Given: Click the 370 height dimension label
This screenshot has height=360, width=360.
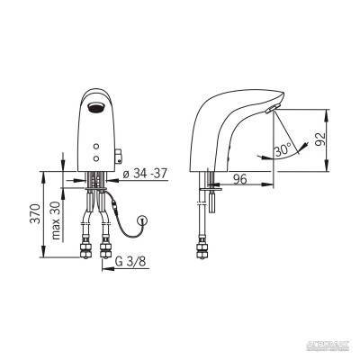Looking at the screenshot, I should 33,215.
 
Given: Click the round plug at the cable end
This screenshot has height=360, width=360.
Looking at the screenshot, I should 142,220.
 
